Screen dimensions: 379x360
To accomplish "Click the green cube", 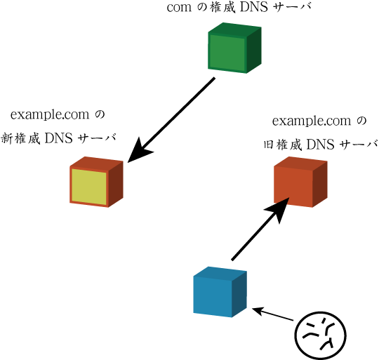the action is [x=234, y=48].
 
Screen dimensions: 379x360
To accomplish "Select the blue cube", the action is [x=220, y=292].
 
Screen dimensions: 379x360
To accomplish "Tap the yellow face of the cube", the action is [x=89, y=187].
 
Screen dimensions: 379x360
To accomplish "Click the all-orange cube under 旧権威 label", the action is [x=300, y=182].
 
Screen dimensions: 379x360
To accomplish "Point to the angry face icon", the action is [x=321, y=335].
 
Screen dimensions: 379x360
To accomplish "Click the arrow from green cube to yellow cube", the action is [x=171, y=120].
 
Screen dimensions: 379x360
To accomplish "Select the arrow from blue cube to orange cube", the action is [x=260, y=229].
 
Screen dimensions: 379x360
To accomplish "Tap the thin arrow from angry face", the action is [x=272, y=314].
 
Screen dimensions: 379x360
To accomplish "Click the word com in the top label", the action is [x=179, y=8].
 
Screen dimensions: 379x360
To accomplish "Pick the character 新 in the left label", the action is [x=6, y=138].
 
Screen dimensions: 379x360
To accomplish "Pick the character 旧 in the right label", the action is [x=269, y=145].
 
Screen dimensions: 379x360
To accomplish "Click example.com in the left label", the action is [x=50, y=114].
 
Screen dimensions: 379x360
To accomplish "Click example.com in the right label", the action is [x=312, y=121].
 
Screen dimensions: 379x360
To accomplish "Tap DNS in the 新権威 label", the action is [x=59, y=138].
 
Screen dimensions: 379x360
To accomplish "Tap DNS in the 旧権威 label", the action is [x=321, y=145].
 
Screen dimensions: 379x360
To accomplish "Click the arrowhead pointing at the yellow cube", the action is [x=139, y=152].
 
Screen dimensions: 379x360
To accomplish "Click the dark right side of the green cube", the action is [x=254, y=51].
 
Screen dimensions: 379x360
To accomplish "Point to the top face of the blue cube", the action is [x=220, y=273].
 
